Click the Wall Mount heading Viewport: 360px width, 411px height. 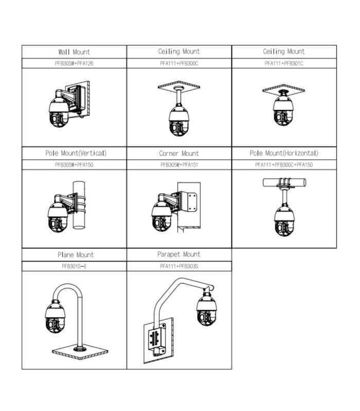coord(74,52)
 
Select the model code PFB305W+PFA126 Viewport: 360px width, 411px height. coord(74,63)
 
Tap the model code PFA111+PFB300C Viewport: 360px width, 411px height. coord(179,63)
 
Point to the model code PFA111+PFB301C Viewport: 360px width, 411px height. coord(284,63)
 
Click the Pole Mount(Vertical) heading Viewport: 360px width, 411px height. coord(74,153)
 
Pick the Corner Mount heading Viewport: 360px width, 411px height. coord(179,153)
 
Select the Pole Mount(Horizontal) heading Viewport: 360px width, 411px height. coord(284,153)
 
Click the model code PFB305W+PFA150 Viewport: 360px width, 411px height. coord(74,165)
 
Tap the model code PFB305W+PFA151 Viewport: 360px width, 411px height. coord(179,165)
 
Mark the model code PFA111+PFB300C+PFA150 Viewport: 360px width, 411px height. coord(284,165)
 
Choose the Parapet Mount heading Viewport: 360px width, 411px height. coord(179,254)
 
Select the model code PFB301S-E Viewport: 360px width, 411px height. coord(74,267)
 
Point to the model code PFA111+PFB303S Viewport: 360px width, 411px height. coord(179,267)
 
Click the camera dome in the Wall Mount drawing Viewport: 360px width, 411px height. coord(59,113)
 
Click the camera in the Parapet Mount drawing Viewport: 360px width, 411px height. coord(207,311)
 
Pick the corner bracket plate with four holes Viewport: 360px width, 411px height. coord(191,201)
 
